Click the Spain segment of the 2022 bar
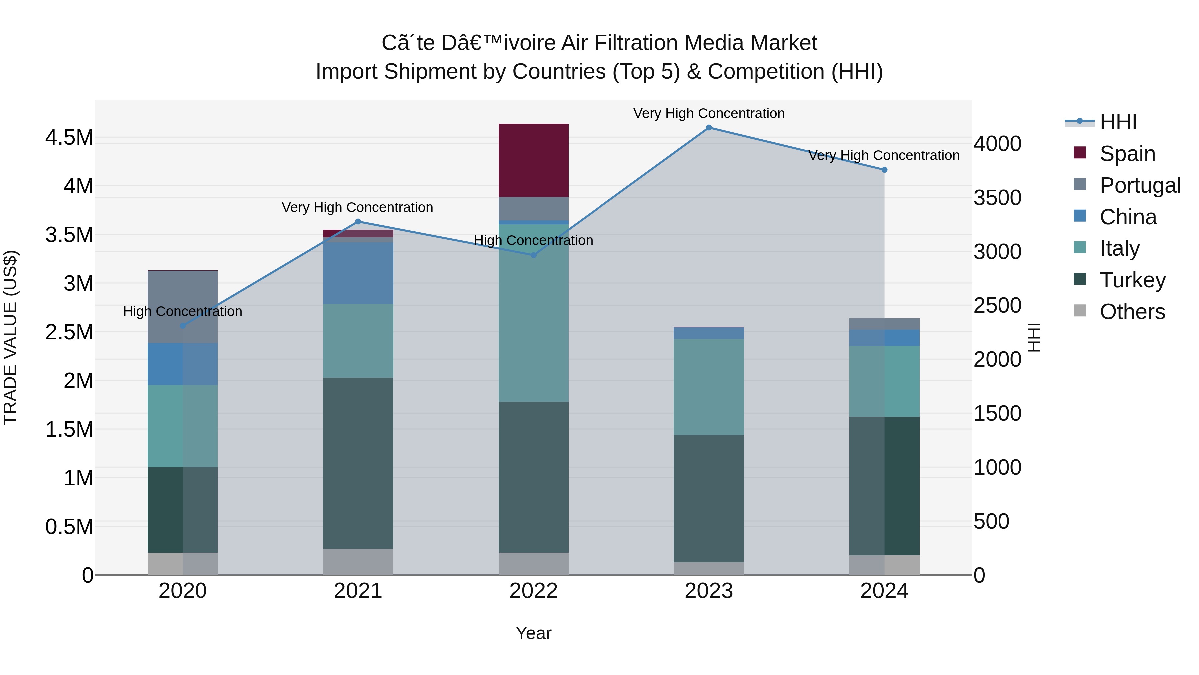(534, 160)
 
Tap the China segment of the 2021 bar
(358, 273)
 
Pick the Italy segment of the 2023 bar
(709, 387)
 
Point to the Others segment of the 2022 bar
(534, 564)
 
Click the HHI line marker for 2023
(709, 128)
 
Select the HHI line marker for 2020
(183, 326)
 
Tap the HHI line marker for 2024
(884, 170)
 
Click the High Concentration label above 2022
(534, 240)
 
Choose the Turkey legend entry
(1132, 280)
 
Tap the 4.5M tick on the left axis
(69, 138)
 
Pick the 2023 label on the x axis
(709, 591)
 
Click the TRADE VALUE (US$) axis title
(10, 337)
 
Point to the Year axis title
(534, 633)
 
